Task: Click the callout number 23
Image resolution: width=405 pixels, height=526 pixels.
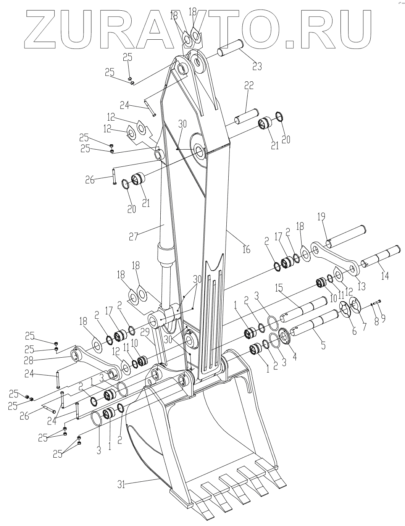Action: [257, 66]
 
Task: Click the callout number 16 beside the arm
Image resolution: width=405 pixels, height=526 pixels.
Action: [246, 249]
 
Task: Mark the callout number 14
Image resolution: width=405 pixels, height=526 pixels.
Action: [385, 276]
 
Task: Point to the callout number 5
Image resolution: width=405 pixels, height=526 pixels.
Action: [323, 345]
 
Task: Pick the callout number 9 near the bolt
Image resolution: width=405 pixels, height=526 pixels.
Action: [383, 317]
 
